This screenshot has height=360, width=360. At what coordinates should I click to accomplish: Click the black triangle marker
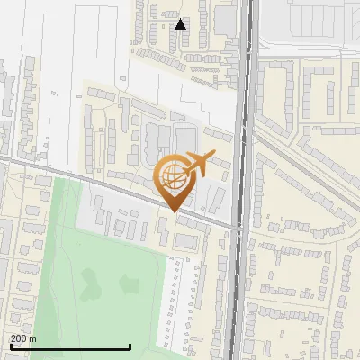click(x=181, y=24)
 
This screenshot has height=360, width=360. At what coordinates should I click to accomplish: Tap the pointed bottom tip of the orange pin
click(x=174, y=211)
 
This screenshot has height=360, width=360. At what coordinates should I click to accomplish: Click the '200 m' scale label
click(x=24, y=338)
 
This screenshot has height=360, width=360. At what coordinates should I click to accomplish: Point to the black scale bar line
click(x=70, y=346)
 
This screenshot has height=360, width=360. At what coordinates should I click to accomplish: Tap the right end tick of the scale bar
click(x=130, y=346)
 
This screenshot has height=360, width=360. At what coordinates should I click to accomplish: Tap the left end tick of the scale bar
click(x=10, y=346)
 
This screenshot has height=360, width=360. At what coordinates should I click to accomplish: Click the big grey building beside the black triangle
click(x=224, y=20)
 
